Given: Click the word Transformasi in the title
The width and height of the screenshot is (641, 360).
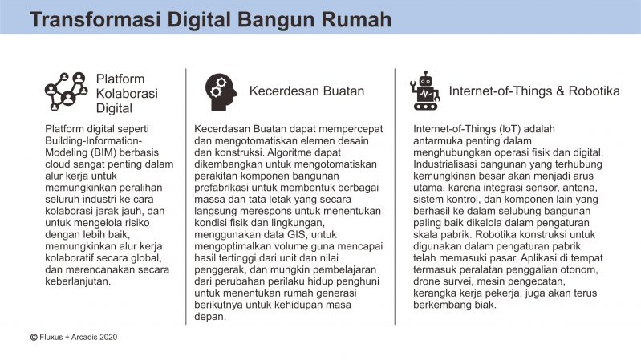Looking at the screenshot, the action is [x=95, y=19].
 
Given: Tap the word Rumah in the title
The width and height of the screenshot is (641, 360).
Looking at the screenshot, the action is [x=356, y=19].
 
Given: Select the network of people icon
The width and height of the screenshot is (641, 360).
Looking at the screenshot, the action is [x=67, y=91].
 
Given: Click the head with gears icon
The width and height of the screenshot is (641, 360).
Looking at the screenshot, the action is [x=221, y=92].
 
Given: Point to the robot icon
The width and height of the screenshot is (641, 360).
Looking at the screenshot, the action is [x=425, y=91].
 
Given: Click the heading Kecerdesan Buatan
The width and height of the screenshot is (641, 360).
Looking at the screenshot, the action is [x=306, y=91].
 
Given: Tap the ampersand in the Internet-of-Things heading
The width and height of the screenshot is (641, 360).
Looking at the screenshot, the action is [x=560, y=91].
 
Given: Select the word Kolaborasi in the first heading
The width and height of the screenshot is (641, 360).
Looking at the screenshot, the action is [x=127, y=94].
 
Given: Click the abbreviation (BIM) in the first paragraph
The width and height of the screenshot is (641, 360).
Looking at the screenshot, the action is [x=94, y=152].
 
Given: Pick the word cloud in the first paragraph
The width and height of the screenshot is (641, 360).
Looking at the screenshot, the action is [x=58, y=164].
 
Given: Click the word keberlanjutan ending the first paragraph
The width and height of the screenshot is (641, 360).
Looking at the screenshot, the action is [x=78, y=281].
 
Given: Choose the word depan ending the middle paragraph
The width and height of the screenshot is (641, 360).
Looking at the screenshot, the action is [x=209, y=317].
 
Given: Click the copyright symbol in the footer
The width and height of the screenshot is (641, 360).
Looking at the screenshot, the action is [x=34, y=337].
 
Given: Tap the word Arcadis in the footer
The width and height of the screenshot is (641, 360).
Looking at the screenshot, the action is [x=84, y=337].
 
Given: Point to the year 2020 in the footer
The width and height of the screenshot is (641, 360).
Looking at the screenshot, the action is [x=108, y=337].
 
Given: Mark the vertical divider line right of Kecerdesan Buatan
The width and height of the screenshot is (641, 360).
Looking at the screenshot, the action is [x=395, y=196].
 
